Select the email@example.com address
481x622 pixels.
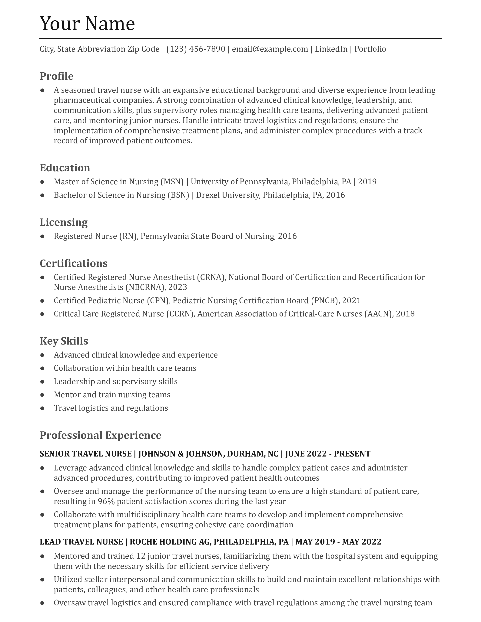point(270,49)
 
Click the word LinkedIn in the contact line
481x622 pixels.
point(331,49)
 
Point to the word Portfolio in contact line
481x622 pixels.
point(370,49)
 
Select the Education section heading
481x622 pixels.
point(65,168)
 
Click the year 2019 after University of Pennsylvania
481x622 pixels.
point(367,182)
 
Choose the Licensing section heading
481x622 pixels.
point(64,222)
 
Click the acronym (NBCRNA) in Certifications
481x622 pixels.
point(145,287)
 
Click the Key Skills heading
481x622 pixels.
point(64,341)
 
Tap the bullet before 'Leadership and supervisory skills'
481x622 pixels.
point(42,382)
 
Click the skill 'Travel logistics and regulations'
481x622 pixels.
point(111,408)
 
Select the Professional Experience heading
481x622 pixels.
point(100,435)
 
